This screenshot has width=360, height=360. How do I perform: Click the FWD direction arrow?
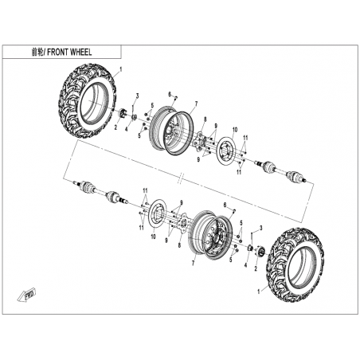point(27,295)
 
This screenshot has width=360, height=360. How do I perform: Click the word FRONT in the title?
point(58,52)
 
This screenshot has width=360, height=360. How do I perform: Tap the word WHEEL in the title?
point(81,52)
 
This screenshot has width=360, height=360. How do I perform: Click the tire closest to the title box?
point(87,101)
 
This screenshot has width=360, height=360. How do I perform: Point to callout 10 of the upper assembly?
point(235,130)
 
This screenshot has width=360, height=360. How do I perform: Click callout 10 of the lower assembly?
point(153,237)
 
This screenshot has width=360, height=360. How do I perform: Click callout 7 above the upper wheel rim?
point(196,104)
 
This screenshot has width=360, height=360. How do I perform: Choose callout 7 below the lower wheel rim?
point(193,263)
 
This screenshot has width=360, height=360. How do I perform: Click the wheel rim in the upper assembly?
point(170,130)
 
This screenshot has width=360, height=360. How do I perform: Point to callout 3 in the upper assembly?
point(138,96)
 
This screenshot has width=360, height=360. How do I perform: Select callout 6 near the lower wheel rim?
point(225,205)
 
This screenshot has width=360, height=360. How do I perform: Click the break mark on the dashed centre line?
point(181,178)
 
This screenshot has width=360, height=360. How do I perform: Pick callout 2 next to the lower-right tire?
point(256,268)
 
